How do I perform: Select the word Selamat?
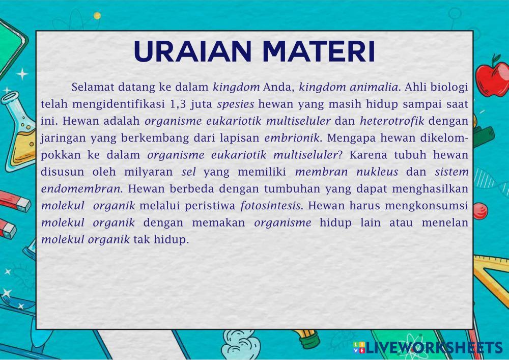click(x=93, y=87)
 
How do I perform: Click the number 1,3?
click(x=178, y=104)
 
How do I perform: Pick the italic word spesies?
click(x=236, y=104)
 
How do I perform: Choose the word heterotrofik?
click(x=392, y=121)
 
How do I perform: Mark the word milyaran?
click(x=148, y=172)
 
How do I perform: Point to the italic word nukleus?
click(x=377, y=172)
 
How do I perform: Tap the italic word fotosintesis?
click(x=271, y=206)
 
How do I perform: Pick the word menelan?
click(x=445, y=223)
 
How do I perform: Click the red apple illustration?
click(x=493, y=76)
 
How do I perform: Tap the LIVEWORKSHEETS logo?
click(x=428, y=347)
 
